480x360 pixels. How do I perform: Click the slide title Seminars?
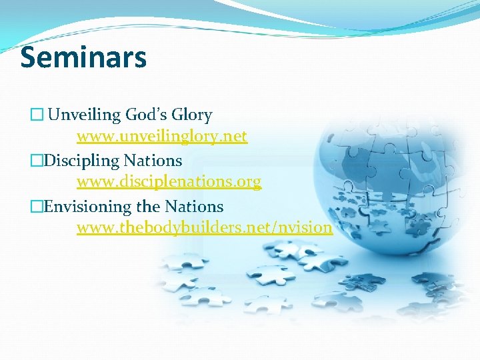pos(83,57)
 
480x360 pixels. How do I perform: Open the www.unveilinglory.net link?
pos(161,137)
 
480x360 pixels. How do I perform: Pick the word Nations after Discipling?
pos(153,161)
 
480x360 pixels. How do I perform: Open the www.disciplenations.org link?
pos(169,182)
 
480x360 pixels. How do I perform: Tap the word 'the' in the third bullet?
pos(148,206)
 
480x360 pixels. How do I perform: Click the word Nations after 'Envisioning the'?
pos(193,206)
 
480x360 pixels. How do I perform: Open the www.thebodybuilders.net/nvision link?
pos(204,228)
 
